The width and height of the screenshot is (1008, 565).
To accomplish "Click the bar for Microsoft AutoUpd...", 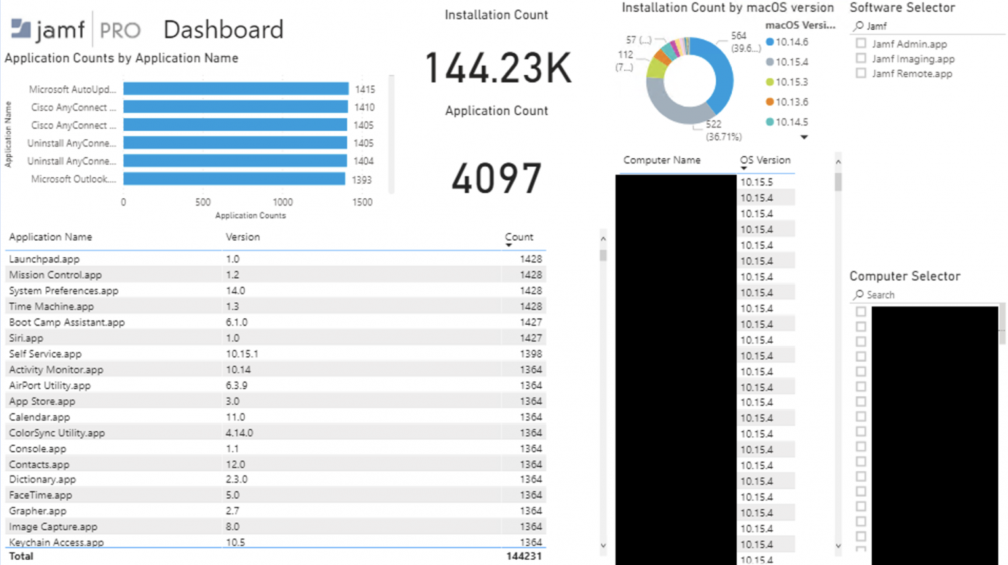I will click(x=236, y=89).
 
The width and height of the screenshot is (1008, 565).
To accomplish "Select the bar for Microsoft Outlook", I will click(x=234, y=178).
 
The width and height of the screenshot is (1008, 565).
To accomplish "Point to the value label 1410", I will click(x=364, y=108).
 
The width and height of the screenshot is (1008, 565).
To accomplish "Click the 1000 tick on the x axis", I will click(x=283, y=202).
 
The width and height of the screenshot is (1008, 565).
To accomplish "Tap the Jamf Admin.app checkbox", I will click(x=861, y=43).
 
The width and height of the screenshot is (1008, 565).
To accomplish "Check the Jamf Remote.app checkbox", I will click(x=861, y=73).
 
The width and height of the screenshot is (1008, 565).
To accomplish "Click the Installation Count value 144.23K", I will click(x=497, y=68).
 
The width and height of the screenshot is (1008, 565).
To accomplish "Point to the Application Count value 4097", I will click(x=496, y=178).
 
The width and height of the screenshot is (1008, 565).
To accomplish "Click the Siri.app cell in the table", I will click(x=26, y=338).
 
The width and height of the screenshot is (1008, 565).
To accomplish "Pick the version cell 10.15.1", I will click(x=242, y=354).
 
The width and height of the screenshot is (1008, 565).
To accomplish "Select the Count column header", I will click(x=518, y=237).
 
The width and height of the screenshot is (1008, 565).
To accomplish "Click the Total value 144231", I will click(x=524, y=556).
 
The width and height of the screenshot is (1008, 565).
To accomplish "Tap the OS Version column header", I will click(x=765, y=160).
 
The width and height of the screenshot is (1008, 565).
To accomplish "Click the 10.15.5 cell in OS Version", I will click(x=757, y=182).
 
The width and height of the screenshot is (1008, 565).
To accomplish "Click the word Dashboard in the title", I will click(x=223, y=30).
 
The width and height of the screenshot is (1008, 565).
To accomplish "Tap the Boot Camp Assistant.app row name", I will click(x=67, y=322).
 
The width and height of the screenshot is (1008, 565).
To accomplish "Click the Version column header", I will click(x=243, y=237).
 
